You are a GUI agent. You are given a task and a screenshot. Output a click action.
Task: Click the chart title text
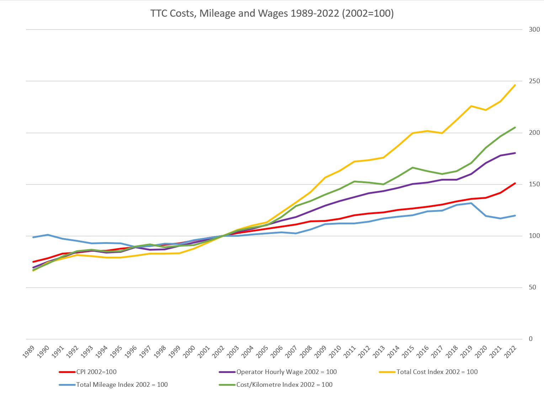click(x=272, y=14)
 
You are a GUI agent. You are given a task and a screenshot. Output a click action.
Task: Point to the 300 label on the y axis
click(x=534, y=30)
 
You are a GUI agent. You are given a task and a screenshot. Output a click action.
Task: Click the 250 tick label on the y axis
click(x=534, y=81)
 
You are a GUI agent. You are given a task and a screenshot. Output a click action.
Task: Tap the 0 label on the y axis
click(x=531, y=339)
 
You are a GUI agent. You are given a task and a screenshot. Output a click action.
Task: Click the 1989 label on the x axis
click(x=30, y=352)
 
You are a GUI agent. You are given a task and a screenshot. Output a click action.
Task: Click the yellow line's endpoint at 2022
click(x=515, y=85)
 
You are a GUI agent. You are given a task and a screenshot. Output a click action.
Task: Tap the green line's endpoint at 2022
click(x=515, y=128)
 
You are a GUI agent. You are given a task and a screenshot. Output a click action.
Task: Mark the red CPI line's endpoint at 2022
click(x=515, y=183)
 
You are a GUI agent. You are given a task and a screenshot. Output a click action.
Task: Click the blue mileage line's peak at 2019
click(x=471, y=203)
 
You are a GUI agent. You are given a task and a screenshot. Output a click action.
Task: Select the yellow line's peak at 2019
click(x=471, y=106)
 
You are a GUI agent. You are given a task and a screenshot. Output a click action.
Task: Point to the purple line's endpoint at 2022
click(x=515, y=153)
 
